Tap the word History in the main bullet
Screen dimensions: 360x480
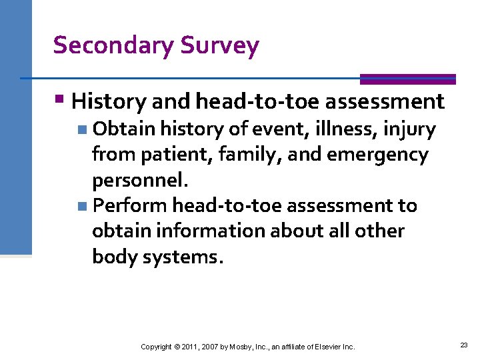tap(109, 101)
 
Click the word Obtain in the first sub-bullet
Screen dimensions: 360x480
tap(124, 129)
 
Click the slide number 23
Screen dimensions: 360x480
tap(464, 345)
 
